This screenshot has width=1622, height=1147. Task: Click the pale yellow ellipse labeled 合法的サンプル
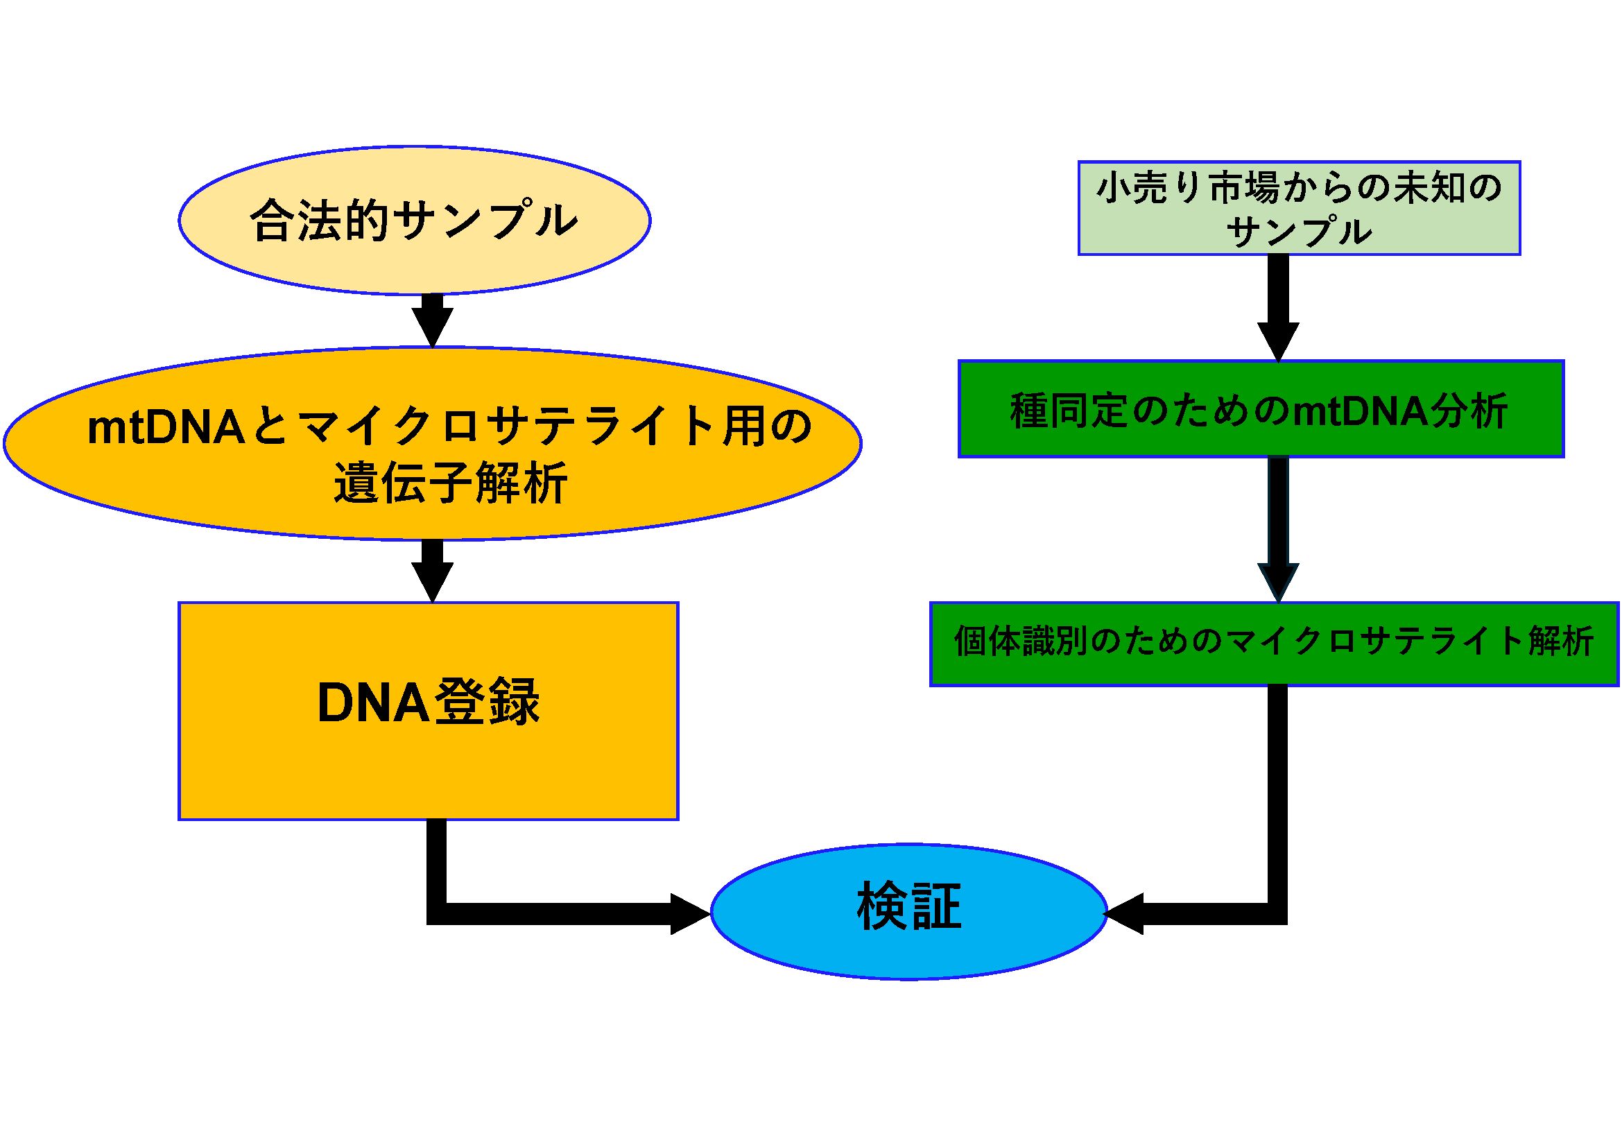click(414, 221)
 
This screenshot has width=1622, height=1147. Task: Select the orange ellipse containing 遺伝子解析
click(432, 444)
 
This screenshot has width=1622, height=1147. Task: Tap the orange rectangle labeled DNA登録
click(428, 711)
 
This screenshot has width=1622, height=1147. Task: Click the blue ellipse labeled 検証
click(908, 911)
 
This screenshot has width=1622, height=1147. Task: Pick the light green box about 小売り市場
click(1298, 207)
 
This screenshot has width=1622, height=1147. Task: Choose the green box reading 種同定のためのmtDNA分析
click(1261, 410)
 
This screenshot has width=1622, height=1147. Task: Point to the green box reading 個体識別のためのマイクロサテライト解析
click(1274, 644)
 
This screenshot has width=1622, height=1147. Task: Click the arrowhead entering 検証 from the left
click(688, 914)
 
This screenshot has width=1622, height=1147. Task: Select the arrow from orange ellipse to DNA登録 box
click(432, 571)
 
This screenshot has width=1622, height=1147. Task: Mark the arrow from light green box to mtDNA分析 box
click(1278, 309)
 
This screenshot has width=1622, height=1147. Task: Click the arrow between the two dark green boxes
click(1278, 530)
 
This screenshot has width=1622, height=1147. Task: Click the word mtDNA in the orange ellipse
click(166, 427)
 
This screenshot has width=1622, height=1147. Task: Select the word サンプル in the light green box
click(1298, 232)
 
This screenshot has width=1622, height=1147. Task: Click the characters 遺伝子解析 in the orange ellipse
click(451, 484)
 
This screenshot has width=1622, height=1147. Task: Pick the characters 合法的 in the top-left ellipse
click(319, 221)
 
